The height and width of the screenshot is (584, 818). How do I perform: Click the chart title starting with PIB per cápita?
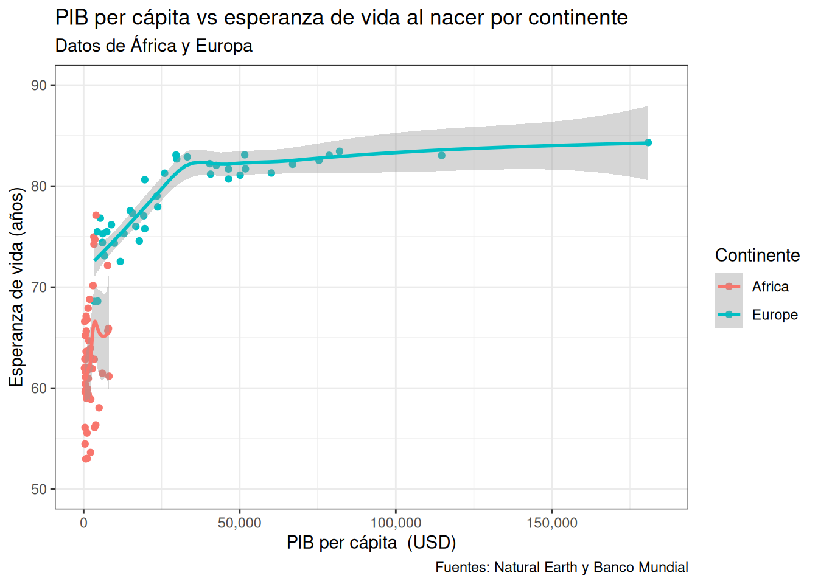click(x=341, y=18)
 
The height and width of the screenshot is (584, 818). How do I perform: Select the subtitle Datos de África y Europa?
click(x=153, y=46)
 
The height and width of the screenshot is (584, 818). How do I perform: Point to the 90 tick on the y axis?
click(x=40, y=85)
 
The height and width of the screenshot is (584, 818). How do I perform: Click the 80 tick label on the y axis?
click(x=40, y=186)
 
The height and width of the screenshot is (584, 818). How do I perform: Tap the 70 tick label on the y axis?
click(x=40, y=287)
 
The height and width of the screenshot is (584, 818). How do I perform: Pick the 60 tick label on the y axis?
click(x=40, y=388)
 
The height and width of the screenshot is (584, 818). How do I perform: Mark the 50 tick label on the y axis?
click(x=40, y=489)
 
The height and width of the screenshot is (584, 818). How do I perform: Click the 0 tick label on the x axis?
click(x=84, y=523)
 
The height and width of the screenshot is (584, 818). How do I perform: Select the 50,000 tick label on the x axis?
click(x=240, y=523)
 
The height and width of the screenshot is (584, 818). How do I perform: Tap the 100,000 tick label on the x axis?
click(x=396, y=523)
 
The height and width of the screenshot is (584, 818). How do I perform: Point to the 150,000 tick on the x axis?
click(x=551, y=523)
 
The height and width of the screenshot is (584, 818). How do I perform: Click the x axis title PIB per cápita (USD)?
click(x=371, y=542)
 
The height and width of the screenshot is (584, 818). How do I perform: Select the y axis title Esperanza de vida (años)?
click(x=16, y=287)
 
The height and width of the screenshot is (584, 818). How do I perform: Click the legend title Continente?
click(x=757, y=255)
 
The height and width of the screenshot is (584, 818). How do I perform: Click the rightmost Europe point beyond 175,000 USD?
click(x=648, y=142)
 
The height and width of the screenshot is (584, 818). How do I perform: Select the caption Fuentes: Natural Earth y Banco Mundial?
click(x=561, y=568)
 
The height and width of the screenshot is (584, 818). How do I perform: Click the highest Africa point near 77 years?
click(x=96, y=215)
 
